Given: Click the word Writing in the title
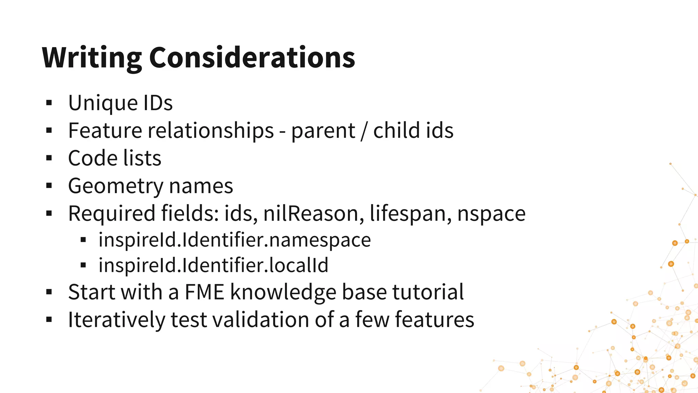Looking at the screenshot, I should [91, 58].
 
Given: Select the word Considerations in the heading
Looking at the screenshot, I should [252, 58].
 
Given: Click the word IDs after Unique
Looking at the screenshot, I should [158, 103].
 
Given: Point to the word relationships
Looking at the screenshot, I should [210, 130].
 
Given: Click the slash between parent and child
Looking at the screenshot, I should [364, 131].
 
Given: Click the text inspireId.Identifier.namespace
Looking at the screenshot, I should [234, 240].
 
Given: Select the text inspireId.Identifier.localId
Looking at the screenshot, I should [213, 265].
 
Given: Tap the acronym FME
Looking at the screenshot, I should [204, 292].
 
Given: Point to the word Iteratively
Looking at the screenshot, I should [116, 320].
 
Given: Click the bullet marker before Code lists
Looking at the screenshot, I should [49, 158].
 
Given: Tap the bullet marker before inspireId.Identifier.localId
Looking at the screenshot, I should [83, 265].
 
